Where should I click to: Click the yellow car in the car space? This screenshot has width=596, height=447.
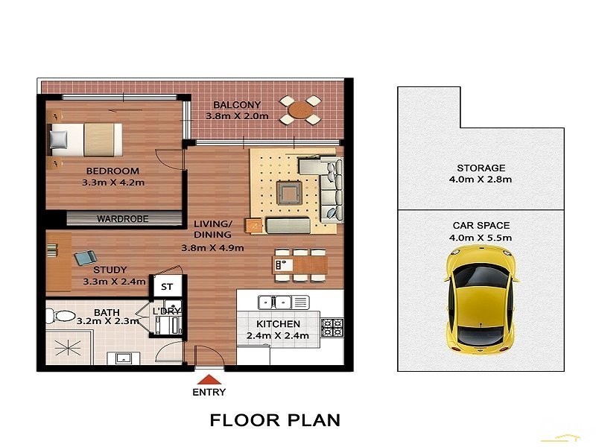tap(481, 299)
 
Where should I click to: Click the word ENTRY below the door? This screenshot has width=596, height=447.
tap(209, 392)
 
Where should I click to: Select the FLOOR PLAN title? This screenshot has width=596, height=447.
tap(275, 420)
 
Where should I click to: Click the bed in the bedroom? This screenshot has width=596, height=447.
tap(85, 138)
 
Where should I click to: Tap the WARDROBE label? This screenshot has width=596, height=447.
tap(122, 219)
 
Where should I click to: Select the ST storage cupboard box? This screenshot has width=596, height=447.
tap(167, 286)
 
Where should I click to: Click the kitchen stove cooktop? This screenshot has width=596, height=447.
tap(332, 326)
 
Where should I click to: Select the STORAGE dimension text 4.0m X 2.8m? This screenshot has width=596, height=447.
tap(481, 180)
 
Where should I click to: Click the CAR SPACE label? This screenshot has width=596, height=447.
tap(481, 225)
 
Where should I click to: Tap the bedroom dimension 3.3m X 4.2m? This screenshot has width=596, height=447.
tap(114, 180)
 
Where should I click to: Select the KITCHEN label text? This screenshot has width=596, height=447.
tap(278, 324)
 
